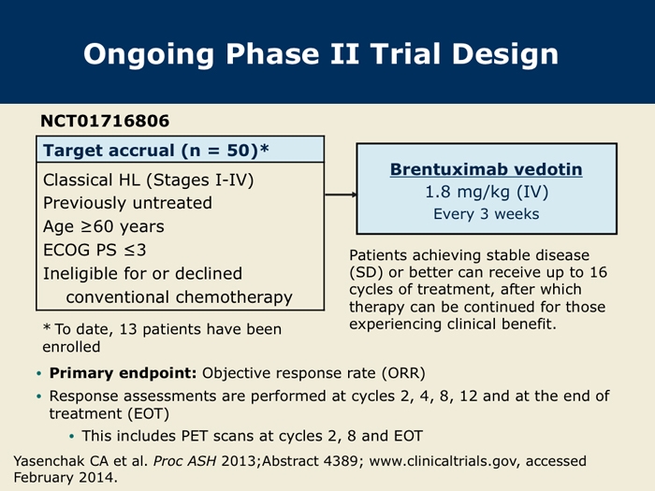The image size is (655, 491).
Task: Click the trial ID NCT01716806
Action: (x=105, y=121)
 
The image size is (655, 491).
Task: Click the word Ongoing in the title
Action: (x=148, y=55)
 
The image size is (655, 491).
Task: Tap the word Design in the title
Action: (x=505, y=55)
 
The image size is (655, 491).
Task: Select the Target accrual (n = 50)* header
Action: (x=156, y=151)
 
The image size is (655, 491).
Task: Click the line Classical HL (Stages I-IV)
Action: (x=148, y=180)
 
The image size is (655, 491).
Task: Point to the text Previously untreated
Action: (x=127, y=203)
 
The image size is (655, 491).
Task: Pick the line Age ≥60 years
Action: (x=104, y=226)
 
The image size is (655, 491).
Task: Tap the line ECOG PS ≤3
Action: (x=95, y=250)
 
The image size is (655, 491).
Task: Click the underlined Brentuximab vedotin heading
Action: (x=487, y=169)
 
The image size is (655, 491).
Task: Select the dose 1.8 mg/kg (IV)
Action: (x=487, y=192)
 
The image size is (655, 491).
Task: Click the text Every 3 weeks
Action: (x=487, y=214)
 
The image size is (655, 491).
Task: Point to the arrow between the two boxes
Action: (x=341, y=195)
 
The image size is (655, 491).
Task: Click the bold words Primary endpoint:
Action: (x=123, y=373)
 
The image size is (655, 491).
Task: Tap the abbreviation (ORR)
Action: (x=403, y=373)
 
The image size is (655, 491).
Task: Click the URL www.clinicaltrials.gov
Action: (x=444, y=461)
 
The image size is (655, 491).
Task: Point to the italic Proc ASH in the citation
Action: (x=184, y=461)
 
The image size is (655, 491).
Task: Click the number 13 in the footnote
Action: (x=128, y=329)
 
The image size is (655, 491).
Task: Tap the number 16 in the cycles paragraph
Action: (x=598, y=272)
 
